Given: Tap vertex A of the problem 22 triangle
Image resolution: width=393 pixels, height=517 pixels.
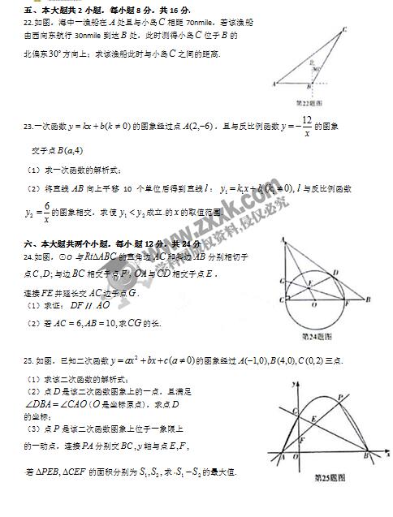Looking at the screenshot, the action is tap(276, 84).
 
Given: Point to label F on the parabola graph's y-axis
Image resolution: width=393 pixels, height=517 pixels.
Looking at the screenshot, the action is tap(301, 439).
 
